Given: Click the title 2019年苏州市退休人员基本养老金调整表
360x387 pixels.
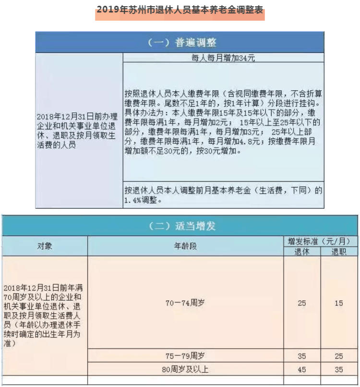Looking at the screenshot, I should coord(180,10).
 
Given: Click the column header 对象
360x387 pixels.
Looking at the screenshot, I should coord(45,246).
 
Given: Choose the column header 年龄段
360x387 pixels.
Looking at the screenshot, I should coord(185,246).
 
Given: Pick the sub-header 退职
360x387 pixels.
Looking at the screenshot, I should coord(338,251).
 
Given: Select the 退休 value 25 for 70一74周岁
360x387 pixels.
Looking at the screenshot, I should coord(301,303).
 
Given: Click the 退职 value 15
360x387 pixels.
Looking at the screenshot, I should coord(338,303).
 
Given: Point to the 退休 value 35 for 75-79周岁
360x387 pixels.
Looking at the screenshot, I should coord(301,356).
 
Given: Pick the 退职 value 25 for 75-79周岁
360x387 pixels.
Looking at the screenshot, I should coord(338,356).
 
